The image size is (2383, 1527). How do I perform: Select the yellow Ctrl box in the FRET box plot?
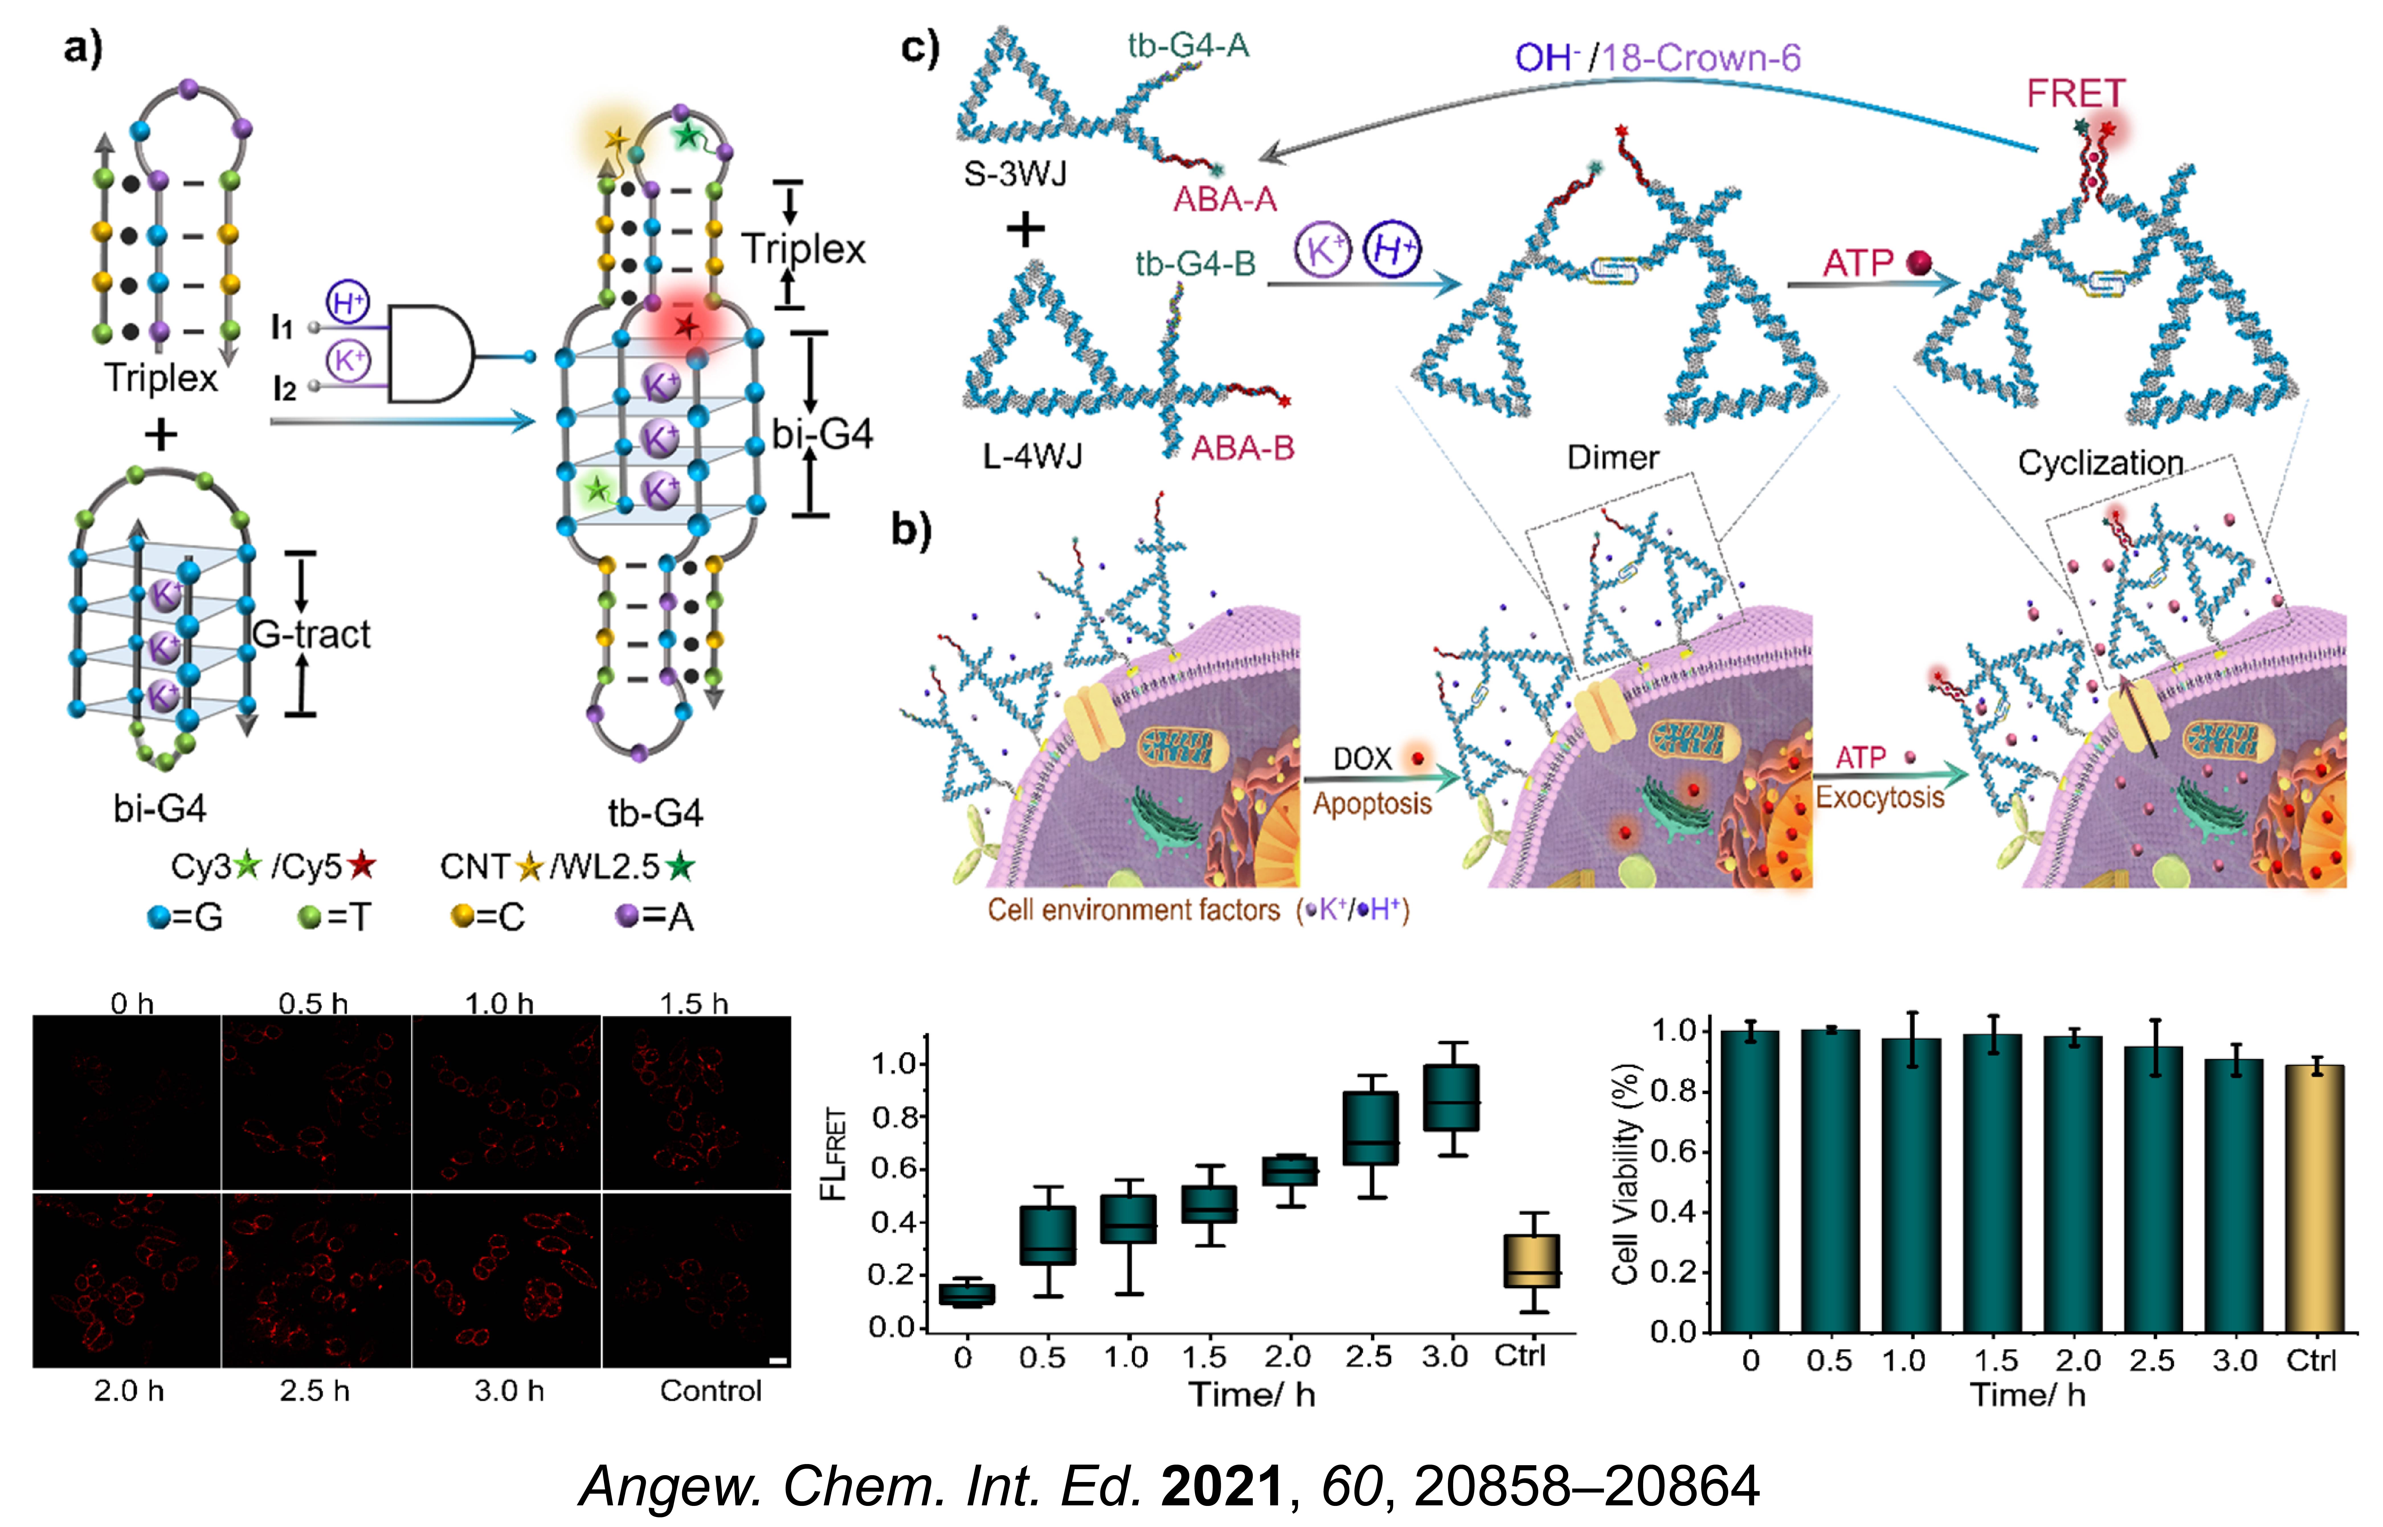point(1531,1260)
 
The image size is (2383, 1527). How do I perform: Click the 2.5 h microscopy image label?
point(314,1391)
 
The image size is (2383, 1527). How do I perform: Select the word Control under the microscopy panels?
point(710,1391)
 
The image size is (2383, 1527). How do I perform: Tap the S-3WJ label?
point(1015,175)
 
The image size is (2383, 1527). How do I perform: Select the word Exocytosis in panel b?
point(1879,797)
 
